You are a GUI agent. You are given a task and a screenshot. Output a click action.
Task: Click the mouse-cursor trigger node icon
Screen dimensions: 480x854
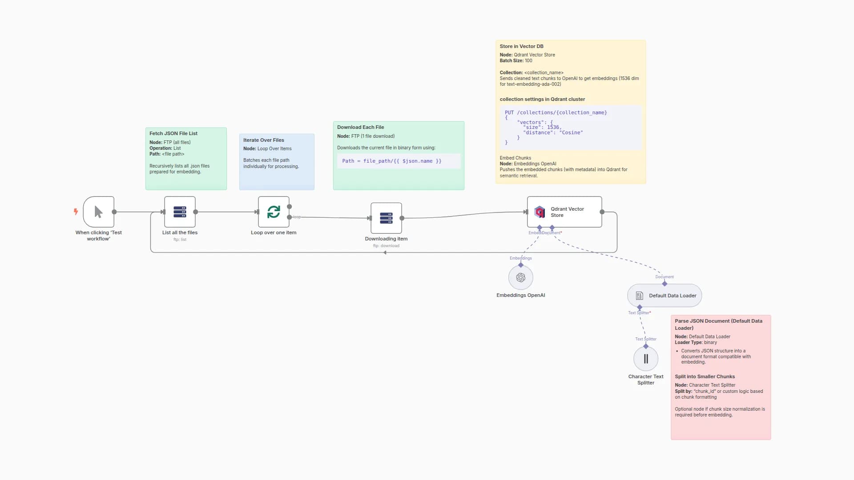98,212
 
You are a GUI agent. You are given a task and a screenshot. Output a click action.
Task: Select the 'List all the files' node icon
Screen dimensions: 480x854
180,212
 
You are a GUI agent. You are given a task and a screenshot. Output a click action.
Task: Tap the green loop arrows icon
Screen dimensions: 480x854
274,212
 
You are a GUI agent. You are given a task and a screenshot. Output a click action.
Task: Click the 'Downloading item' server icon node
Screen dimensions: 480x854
386,218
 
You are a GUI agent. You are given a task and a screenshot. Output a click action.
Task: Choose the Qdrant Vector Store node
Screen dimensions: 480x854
564,212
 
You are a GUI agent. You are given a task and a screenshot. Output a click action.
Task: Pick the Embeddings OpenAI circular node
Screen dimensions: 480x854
520,278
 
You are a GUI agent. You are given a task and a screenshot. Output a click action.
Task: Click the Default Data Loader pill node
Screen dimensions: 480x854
665,296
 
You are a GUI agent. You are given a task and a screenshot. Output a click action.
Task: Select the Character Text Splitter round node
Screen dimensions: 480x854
645,359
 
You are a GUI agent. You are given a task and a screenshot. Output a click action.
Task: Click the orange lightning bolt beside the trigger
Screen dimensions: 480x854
76,212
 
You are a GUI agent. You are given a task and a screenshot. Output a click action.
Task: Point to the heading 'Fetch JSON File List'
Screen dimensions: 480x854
173,133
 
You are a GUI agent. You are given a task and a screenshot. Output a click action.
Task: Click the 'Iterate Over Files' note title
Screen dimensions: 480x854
263,140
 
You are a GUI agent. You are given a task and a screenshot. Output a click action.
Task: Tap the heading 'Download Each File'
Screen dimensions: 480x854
360,127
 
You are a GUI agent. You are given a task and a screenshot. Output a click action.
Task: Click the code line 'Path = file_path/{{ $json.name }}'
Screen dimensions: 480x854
391,161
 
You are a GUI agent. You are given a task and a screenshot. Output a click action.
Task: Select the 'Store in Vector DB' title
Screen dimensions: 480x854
521,46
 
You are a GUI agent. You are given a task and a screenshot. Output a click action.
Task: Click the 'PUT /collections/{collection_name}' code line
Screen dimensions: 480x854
556,112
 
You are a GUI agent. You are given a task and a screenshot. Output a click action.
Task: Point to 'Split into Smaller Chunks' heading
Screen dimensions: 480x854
705,376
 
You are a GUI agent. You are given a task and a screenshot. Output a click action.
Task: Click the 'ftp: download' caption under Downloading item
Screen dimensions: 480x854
386,246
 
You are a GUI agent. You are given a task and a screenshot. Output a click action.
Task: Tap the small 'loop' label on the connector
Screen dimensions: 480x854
297,217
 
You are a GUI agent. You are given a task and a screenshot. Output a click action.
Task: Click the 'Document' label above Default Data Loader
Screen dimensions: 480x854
665,277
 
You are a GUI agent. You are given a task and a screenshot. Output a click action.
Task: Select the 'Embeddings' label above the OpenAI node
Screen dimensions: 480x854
520,258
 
